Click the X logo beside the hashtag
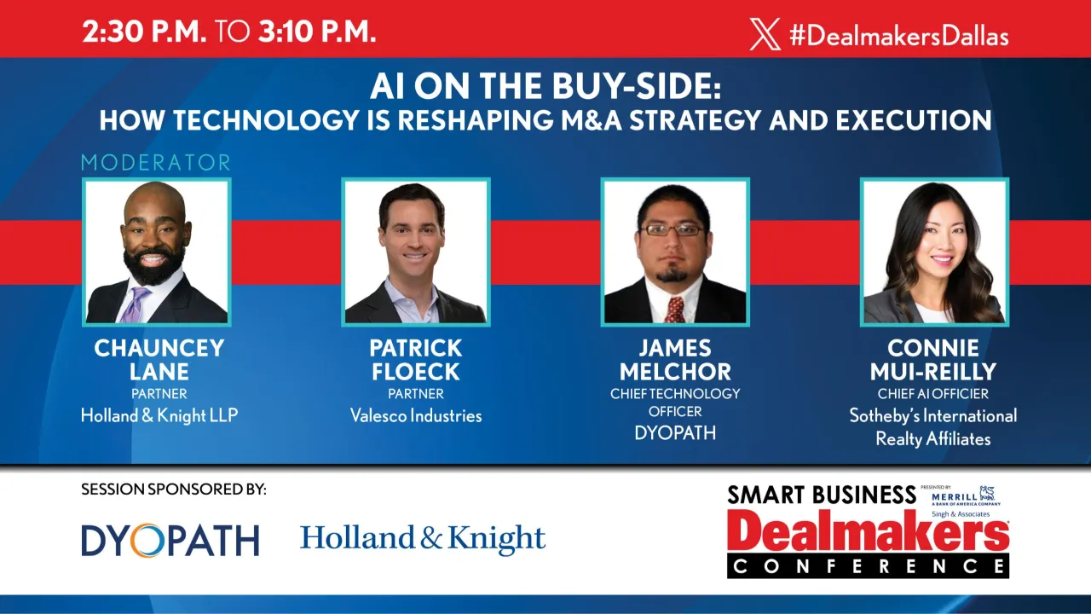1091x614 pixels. pyautogui.click(x=765, y=35)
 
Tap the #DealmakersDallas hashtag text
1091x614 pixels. pyautogui.click(x=898, y=36)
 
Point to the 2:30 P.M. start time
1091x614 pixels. pyautogui.click(x=144, y=32)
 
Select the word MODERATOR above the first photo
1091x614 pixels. pyautogui.click(x=156, y=162)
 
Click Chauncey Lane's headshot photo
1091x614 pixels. pyautogui.click(x=156, y=252)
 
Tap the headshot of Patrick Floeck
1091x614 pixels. pyautogui.click(x=415, y=252)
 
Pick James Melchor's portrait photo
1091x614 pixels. pyautogui.click(x=674, y=252)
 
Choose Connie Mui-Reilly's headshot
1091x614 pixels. pyautogui.click(x=934, y=252)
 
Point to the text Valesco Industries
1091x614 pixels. pyautogui.click(x=416, y=416)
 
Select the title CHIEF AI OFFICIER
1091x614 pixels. pyautogui.click(x=933, y=394)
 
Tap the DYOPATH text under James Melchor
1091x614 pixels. pyautogui.click(x=675, y=432)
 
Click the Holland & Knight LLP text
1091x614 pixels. pyautogui.click(x=159, y=416)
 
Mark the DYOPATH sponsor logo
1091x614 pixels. pyautogui.click(x=170, y=540)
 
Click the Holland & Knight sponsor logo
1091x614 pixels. pyautogui.click(x=423, y=538)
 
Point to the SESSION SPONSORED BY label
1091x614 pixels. pyautogui.click(x=174, y=489)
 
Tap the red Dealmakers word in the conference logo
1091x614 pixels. pyautogui.click(x=868, y=532)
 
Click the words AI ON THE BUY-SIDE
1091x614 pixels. pyautogui.click(x=545, y=87)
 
